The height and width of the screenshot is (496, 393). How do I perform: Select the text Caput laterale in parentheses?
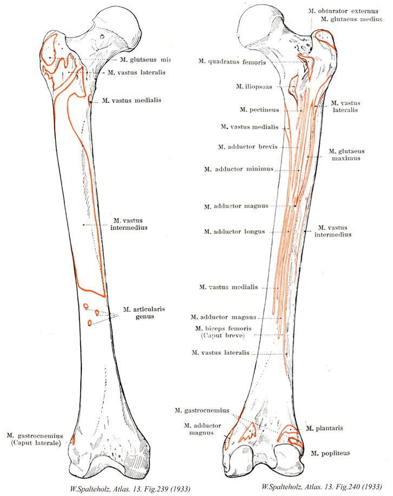point(36,443)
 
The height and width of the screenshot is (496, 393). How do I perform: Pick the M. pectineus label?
point(259,110)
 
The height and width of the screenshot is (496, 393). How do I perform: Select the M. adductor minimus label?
point(238,169)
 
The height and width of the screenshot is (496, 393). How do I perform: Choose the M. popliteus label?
point(328,451)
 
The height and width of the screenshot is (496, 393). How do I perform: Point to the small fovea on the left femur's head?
point(103,37)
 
